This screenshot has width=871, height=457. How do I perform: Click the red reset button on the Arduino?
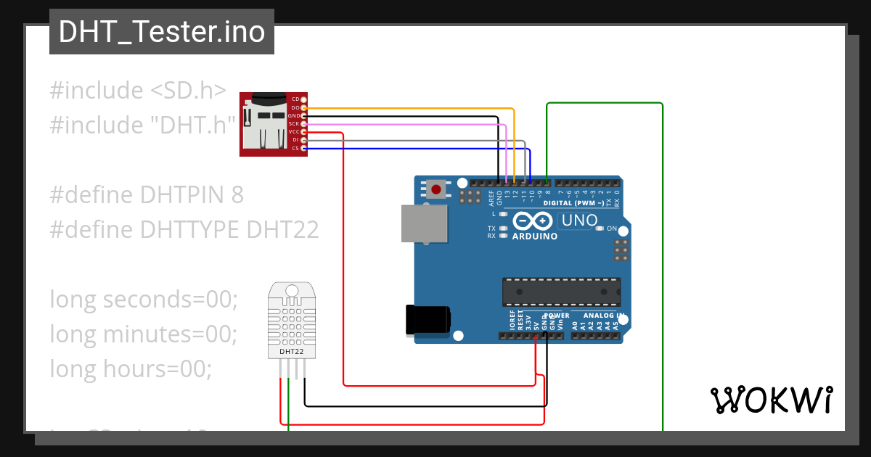click(x=435, y=190)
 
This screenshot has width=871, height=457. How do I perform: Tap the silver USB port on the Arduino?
click(x=425, y=223)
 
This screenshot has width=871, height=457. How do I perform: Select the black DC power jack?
click(x=428, y=319)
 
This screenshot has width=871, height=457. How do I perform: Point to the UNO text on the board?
click(x=580, y=221)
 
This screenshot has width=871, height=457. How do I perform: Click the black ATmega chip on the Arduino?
click(x=561, y=291)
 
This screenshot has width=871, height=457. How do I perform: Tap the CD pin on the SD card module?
click(x=303, y=99)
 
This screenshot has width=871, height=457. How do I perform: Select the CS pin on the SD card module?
click(x=303, y=149)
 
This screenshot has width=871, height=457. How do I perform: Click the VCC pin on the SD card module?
click(x=303, y=132)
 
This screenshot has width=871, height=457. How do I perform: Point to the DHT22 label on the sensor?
click(x=292, y=352)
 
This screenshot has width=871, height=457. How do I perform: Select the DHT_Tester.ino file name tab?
click(x=161, y=32)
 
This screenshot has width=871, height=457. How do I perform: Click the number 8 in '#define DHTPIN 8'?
click(x=237, y=194)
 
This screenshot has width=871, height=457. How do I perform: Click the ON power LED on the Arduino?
click(x=599, y=228)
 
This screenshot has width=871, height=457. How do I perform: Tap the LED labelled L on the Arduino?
click(x=503, y=215)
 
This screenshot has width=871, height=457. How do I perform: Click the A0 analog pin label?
click(x=576, y=327)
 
